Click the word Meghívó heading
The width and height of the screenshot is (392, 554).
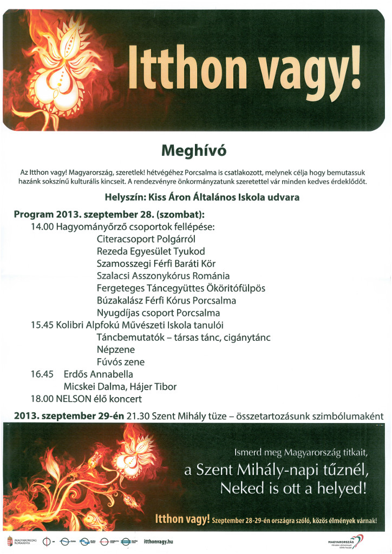pos(195,149)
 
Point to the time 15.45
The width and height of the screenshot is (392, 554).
pos(42,325)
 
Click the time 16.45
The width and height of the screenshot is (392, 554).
pos(42,374)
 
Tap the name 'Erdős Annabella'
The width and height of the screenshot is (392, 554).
pos(98,374)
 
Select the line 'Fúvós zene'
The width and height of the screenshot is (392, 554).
pos(120,362)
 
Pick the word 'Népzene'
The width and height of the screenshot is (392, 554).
pos(115,349)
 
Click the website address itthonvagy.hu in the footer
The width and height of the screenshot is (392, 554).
pos(159,540)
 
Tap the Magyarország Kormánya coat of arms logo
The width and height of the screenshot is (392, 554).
pos(9,540)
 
